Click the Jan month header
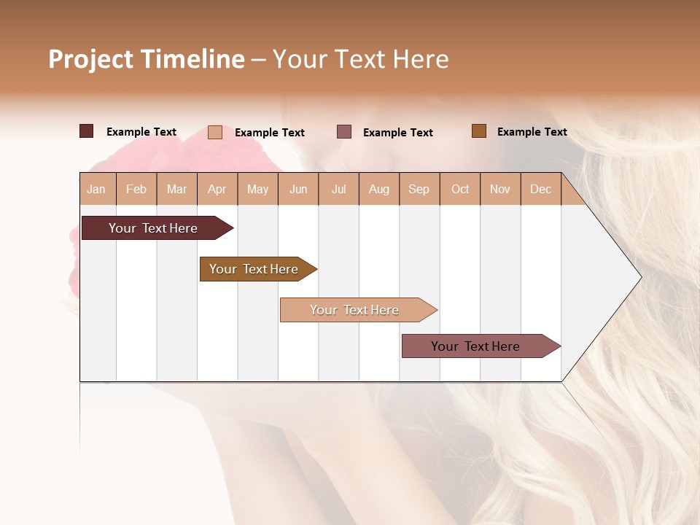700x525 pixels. [96, 190]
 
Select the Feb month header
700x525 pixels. [136, 190]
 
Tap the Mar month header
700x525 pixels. [176, 190]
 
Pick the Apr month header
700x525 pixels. [217, 190]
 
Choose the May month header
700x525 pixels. [257, 190]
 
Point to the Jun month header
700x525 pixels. [298, 190]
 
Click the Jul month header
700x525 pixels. [338, 190]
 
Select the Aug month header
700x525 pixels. [378, 190]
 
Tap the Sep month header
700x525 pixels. [419, 190]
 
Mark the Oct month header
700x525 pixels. [460, 190]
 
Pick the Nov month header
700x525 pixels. [500, 190]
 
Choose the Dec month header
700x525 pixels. [540, 190]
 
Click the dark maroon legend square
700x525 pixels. [87, 131]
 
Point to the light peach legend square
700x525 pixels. [215, 132]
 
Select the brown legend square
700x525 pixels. [479, 131]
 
